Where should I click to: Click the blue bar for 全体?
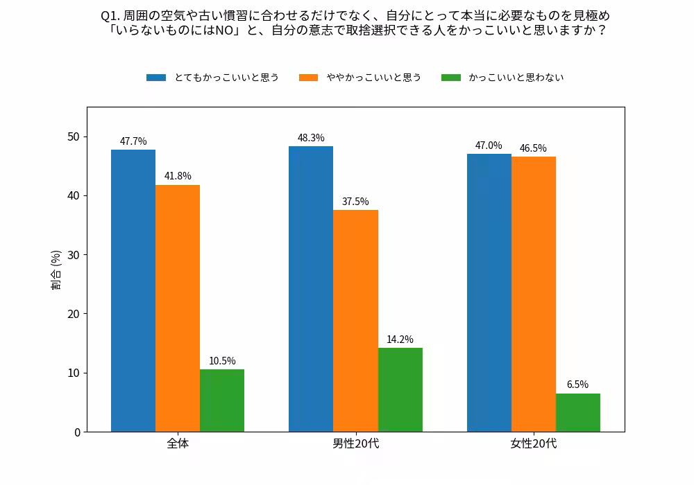coord(133,291)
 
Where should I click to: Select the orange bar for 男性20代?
coord(355,321)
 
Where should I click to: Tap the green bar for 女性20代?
coord(577,412)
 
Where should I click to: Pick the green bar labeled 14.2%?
coord(400,389)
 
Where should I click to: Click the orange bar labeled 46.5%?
coord(533,294)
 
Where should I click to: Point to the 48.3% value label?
coord(311,138)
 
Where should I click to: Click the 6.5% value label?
coord(577,385)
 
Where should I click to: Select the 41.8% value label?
coord(178,176)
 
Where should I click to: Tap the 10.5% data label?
coord(222,361)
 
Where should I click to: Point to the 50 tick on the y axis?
coord(73,136)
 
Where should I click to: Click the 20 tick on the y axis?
coord(73,314)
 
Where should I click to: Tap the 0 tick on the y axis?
coord(76,432)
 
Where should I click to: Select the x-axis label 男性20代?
coord(355,443)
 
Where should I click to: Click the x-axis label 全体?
coord(178,443)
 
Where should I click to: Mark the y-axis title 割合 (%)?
coord(56,270)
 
